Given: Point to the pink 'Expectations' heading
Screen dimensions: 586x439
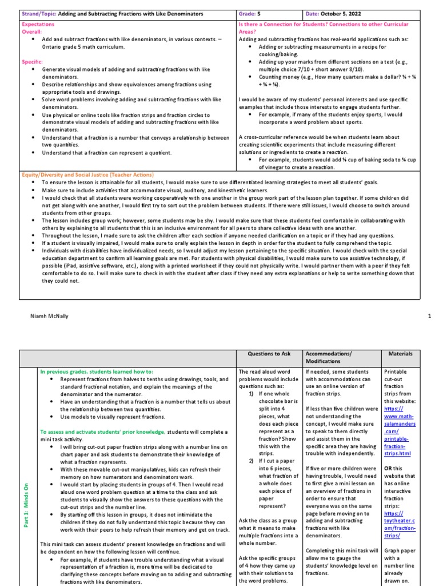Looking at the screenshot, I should coord(38,25).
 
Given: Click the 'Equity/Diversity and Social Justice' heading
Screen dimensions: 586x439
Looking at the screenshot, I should coord(87,174).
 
